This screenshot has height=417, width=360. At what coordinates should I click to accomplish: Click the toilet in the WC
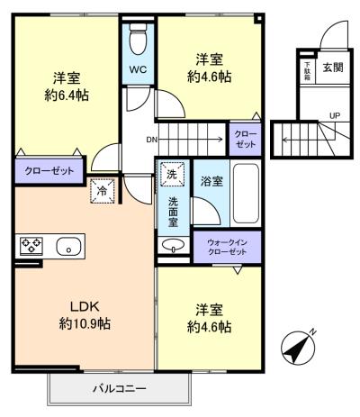pos(138,39)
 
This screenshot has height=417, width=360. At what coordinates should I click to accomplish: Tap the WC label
pos(138,69)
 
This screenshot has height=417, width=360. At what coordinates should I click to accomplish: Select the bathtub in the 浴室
pos(246,193)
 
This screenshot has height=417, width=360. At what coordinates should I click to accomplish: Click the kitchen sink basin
pos(68,246)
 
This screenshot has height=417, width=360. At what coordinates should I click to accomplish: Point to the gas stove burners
pos(31,245)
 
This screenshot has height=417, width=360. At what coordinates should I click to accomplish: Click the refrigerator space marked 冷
pos(103,191)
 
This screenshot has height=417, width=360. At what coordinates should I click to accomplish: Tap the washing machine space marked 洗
pos(172,174)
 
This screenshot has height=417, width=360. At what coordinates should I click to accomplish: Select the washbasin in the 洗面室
pos(173,245)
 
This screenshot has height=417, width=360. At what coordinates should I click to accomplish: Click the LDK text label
pos(85,306)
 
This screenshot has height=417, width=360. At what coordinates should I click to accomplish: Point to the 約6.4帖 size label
pos(67,95)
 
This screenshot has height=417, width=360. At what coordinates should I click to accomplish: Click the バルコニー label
pos(120,389)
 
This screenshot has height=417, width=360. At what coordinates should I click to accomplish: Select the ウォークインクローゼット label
pos(227,247)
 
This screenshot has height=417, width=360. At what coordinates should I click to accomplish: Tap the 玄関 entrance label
pos(333,68)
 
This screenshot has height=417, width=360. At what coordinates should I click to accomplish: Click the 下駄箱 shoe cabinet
pos(308,71)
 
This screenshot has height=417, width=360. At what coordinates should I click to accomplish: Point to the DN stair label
pos(150,140)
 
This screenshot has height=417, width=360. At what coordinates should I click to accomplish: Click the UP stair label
pos(335,115)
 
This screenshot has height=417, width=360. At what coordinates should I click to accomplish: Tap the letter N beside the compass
pos(313,331)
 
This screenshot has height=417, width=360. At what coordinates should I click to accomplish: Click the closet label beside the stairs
pos(246,139)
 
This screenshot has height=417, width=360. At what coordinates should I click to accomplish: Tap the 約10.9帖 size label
pos(85,323)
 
